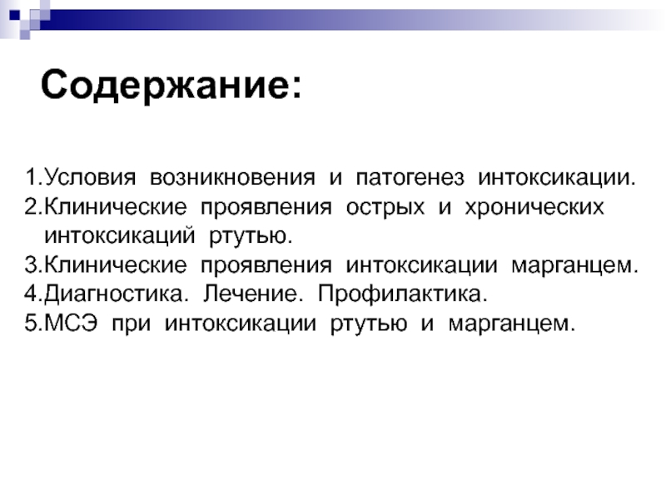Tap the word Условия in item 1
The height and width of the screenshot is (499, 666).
tap(90, 178)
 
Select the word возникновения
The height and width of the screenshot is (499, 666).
tap(233, 178)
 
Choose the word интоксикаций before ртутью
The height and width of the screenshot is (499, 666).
tap(120, 236)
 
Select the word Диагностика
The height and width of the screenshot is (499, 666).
tap(116, 294)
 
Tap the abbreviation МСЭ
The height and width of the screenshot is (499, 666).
tap(71, 323)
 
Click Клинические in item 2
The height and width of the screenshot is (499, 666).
tap(115, 208)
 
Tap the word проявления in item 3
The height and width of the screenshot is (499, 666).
tap(266, 266)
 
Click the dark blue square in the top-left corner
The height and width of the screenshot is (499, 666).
tap(14, 15)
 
